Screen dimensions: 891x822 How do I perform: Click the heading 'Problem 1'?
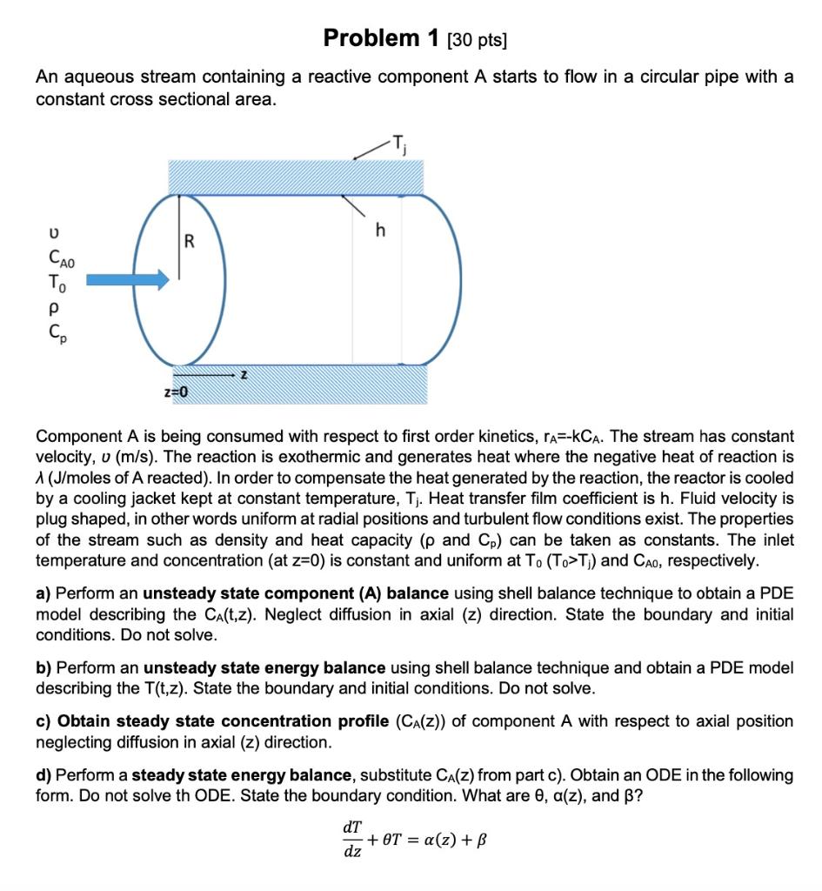pyautogui.click(x=371, y=38)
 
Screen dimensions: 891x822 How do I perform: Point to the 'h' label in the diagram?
pyautogui.click(x=379, y=231)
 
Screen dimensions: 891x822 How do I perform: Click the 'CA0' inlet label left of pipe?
pyautogui.click(x=63, y=258)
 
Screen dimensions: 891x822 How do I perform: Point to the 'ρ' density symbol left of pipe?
pyautogui.click(x=54, y=307)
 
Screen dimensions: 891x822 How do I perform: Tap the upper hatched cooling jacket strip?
pyautogui.click(x=296, y=177)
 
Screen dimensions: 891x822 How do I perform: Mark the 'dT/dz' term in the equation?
pyautogui.click(x=353, y=840)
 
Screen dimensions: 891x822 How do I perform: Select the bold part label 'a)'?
pyautogui.click(x=43, y=593)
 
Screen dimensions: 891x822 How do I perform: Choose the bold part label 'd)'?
pyautogui.click(x=43, y=775)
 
